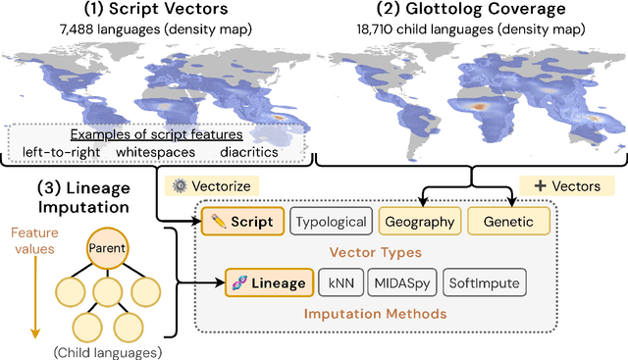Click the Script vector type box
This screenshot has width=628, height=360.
(242, 223)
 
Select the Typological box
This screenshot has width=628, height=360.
(333, 223)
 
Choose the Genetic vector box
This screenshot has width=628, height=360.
(508, 223)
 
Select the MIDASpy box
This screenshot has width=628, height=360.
(404, 283)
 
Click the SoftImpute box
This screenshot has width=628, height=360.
(486, 283)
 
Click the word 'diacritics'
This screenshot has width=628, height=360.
(248, 152)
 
